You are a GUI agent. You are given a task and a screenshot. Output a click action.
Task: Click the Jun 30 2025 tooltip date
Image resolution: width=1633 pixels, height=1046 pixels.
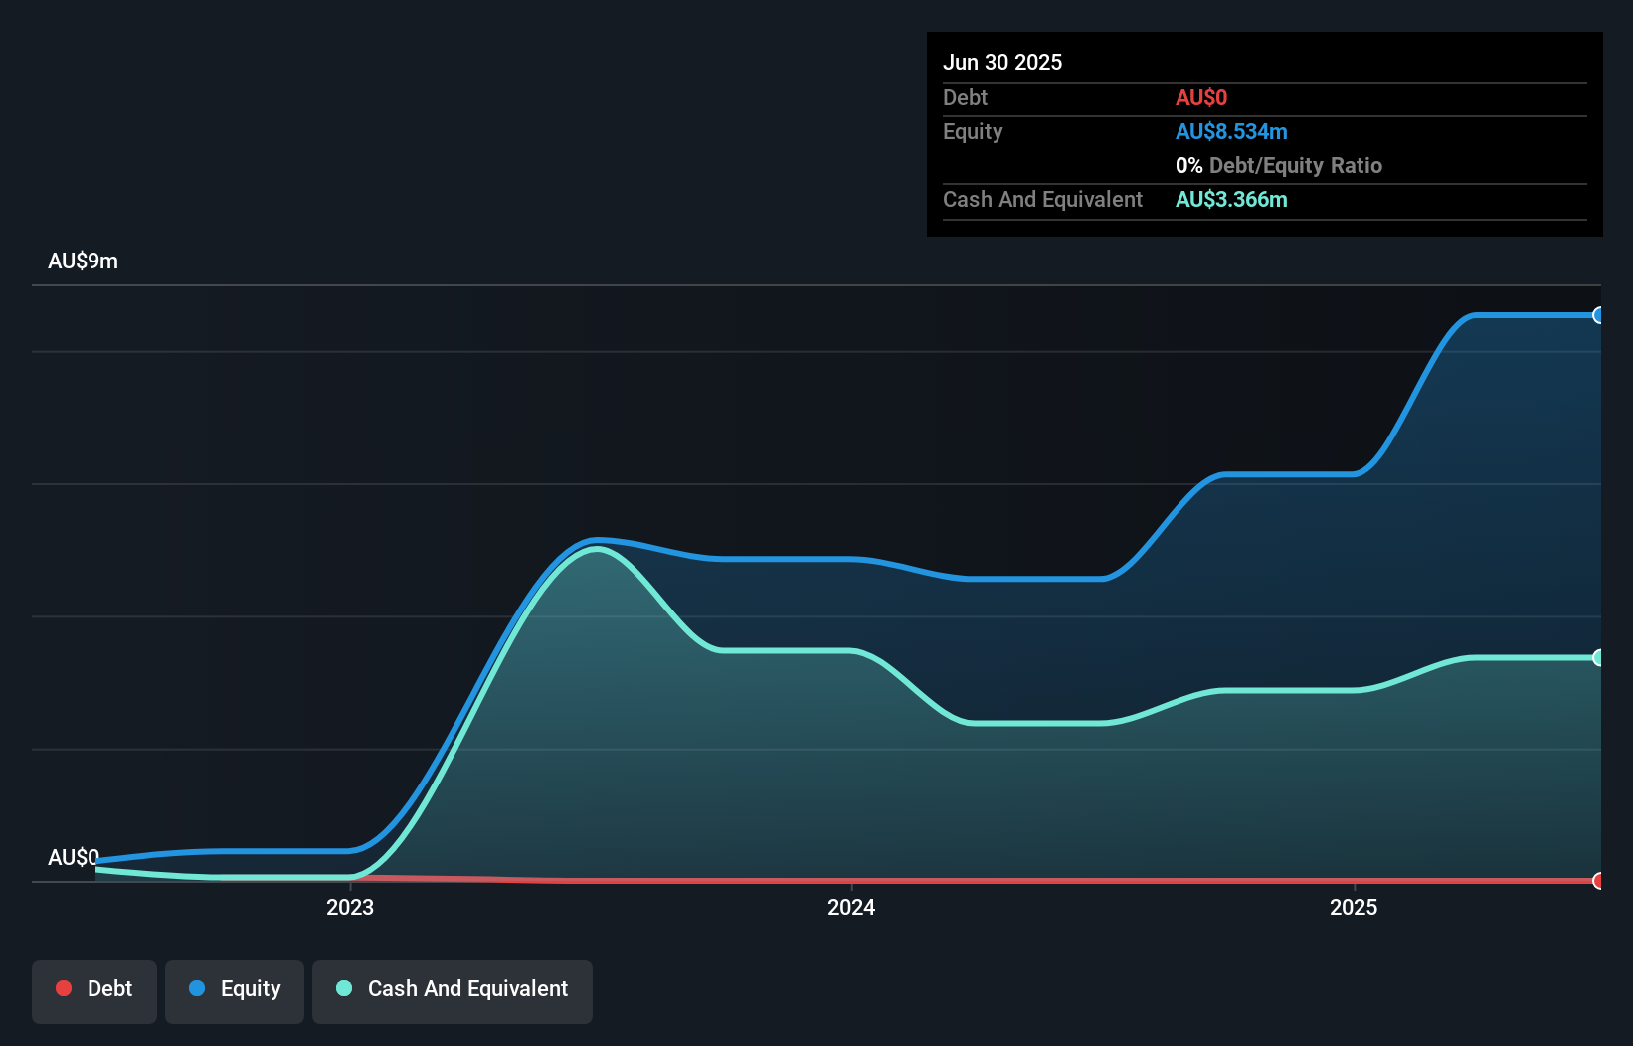1001,62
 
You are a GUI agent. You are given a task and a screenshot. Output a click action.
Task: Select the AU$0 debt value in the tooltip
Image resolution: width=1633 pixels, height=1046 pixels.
1200,97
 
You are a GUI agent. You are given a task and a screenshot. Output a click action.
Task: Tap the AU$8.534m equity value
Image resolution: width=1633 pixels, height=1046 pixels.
1230,131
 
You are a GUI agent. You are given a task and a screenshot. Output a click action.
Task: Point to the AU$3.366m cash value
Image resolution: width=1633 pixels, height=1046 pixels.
1230,199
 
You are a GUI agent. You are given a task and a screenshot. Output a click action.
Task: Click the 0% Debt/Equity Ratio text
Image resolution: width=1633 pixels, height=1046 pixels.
1278,165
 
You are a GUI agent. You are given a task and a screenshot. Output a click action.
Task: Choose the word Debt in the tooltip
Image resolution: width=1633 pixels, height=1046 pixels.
965,97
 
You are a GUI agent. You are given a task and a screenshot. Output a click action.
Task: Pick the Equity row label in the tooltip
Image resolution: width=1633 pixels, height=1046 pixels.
972,131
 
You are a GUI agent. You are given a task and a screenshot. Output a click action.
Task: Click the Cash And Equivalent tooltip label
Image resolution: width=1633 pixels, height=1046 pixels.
1042,199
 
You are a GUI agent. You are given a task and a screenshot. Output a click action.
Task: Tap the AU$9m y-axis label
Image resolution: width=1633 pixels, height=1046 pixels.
83,261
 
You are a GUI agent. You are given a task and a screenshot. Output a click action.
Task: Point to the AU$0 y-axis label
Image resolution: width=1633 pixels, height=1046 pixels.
73,857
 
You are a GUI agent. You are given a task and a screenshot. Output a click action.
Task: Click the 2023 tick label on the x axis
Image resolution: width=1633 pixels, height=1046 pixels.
350,907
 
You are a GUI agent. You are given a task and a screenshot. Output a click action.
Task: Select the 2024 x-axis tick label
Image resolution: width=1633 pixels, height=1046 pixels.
851,907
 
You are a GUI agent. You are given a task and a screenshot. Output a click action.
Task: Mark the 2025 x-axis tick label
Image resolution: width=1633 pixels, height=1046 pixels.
1354,907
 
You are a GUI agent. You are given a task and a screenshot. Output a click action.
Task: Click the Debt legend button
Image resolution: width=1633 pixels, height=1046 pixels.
94,990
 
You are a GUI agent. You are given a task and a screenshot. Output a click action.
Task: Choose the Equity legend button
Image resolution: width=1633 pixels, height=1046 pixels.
235,990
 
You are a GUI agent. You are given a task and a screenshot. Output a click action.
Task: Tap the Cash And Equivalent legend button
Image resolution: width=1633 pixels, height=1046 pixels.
453,990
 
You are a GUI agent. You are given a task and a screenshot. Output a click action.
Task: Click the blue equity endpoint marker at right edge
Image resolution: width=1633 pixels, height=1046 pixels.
1598,315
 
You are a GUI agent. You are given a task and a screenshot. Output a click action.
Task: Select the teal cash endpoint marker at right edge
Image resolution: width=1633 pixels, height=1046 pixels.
1598,657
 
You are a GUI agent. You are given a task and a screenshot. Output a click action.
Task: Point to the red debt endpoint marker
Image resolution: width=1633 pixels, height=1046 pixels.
1598,881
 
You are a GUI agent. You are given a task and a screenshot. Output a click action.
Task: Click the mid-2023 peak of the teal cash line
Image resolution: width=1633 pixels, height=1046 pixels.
596,549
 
